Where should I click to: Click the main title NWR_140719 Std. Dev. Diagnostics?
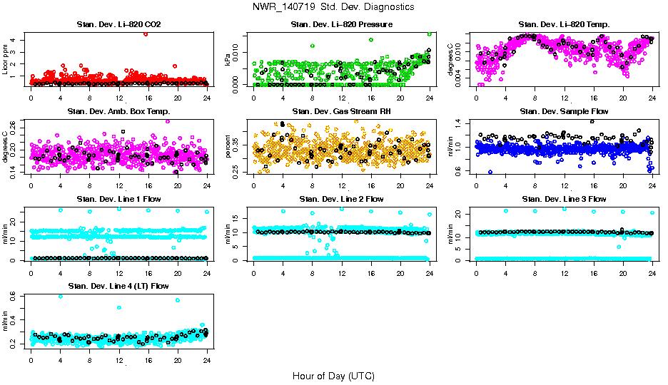pos(333,7)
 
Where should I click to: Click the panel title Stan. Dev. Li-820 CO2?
pos(118,25)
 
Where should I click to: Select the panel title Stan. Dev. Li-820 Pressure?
pos(341,25)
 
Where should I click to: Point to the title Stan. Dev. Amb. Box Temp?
pos(118,112)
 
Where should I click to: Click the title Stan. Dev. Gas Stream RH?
pos(341,112)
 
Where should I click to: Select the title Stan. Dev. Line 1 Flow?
pos(118,199)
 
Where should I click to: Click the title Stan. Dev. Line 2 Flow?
pos(341,199)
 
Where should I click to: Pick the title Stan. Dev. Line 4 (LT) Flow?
pos(118,286)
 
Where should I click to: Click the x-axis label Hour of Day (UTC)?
pos(333,376)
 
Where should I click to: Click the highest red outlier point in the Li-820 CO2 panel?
pos(146,34)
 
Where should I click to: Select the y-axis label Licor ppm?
pos(6,58)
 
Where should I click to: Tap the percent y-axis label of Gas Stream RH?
pos(228,145)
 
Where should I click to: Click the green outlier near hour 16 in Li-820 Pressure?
pos(371,40)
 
